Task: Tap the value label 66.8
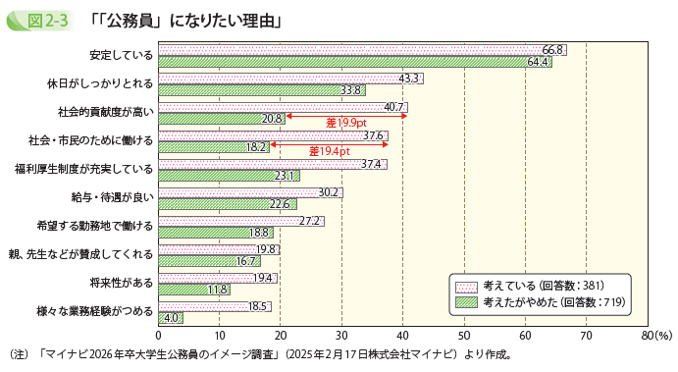(x=552, y=49)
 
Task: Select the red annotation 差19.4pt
(x=330, y=151)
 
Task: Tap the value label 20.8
(x=273, y=119)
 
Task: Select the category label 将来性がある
(x=121, y=283)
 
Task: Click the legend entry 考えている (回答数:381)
(x=545, y=285)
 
